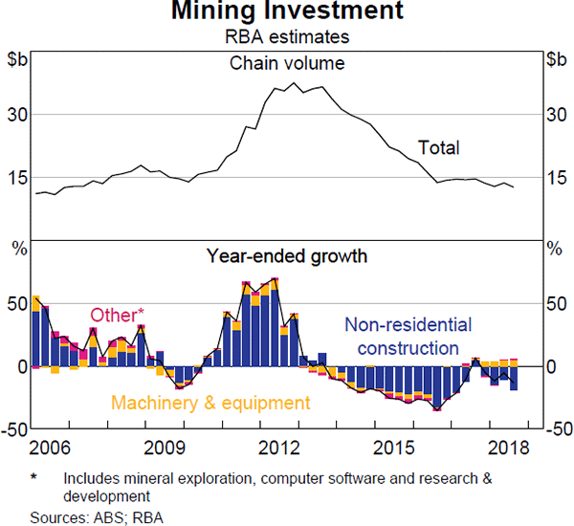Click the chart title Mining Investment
(287, 12)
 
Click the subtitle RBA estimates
(287, 37)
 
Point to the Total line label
(438, 148)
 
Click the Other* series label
(118, 316)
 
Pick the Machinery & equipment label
(210, 403)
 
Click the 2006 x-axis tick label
(50, 448)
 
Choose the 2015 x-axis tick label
(399, 448)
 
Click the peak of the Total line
(296, 82)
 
